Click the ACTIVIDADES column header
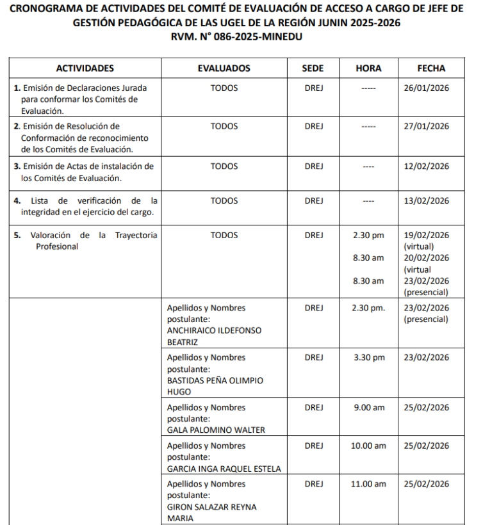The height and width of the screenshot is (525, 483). (x=85, y=69)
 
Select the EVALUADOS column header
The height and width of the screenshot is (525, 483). (x=224, y=69)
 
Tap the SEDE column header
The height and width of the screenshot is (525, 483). (x=313, y=69)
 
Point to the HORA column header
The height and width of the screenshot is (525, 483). (x=368, y=69)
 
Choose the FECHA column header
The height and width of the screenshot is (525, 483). (x=431, y=69)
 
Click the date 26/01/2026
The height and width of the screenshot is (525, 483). (x=427, y=88)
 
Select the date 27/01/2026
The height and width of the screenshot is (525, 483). (x=427, y=126)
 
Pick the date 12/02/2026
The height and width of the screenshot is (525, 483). (x=427, y=166)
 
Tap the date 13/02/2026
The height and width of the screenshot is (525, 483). (x=427, y=200)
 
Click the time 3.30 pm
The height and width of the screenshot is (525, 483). (x=368, y=357)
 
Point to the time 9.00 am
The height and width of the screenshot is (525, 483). (x=368, y=407)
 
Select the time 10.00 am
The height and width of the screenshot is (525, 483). (x=368, y=446)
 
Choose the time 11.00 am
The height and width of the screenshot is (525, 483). (x=368, y=484)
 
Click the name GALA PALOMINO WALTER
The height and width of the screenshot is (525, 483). (x=216, y=430)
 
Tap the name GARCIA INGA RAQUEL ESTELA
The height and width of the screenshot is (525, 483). (x=224, y=469)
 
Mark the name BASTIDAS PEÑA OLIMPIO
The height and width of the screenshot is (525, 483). (x=215, y=380)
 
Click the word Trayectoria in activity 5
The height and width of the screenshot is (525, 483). (x=136, y=235)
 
